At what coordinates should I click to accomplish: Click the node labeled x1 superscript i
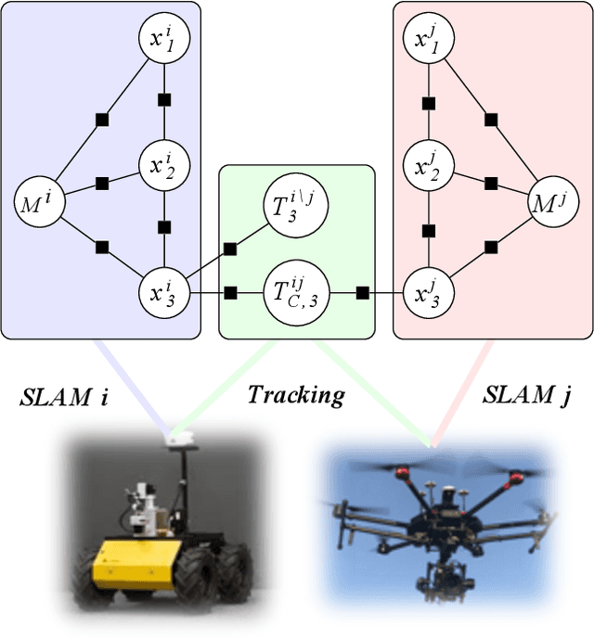coord(164,39)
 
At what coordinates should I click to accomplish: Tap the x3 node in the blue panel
coord(164,293)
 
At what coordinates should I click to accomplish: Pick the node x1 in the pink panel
coord(428,39)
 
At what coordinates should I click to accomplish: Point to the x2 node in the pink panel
coord(428,167)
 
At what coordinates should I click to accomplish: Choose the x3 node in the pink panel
coord(428,293)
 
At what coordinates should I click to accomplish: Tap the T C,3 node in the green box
coord(291,293)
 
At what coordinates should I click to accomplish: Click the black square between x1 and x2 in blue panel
coord(164,99)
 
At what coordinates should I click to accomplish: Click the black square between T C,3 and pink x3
coord(363,293)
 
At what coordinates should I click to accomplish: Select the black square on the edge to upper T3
coord(230,248)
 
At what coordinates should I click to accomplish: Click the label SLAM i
coord(65,397)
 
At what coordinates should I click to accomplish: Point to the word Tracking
coord(295,395)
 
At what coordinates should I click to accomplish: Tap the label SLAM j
coord(527,396)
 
